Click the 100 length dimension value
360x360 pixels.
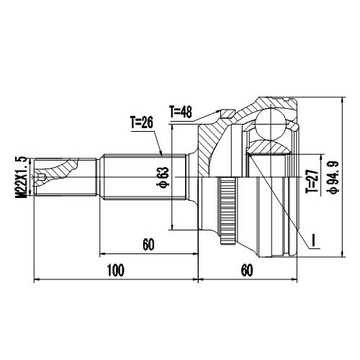[116, 271]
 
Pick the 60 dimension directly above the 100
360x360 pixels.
[148, 245]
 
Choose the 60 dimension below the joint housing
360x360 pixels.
[247, 271]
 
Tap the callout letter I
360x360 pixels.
[314, 237]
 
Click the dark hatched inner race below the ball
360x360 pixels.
[268, 148]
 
